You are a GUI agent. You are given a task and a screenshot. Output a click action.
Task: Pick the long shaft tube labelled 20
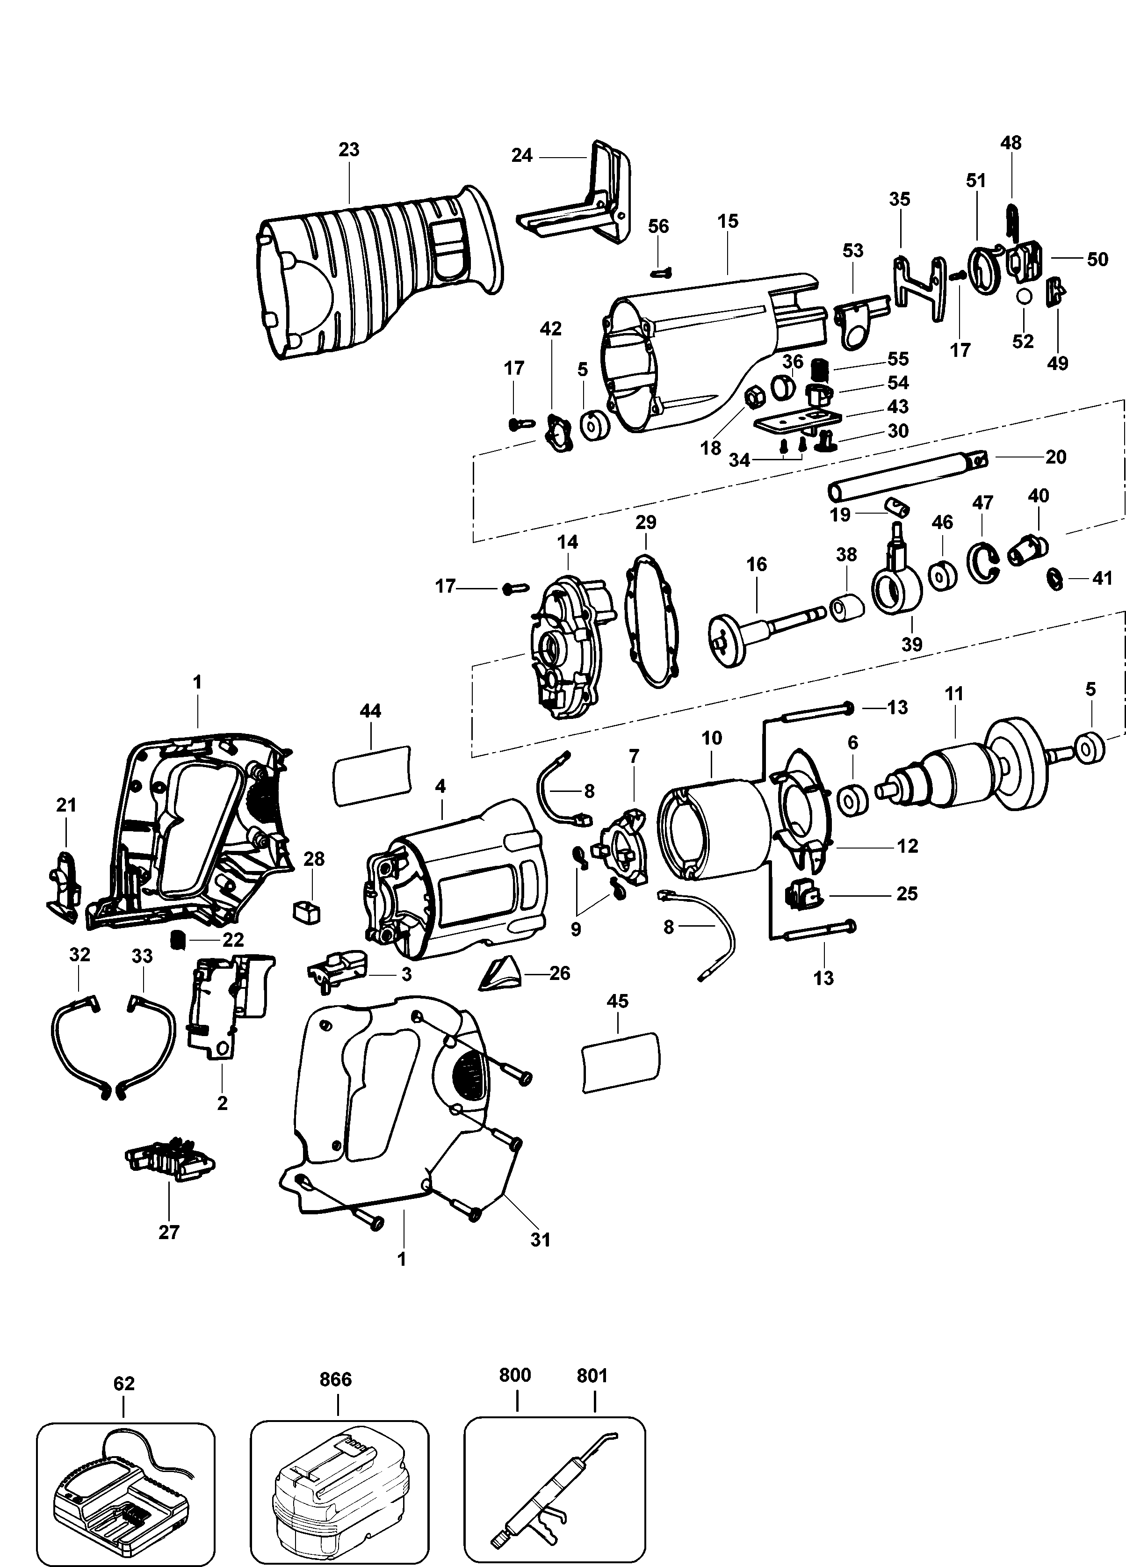pos(905,477)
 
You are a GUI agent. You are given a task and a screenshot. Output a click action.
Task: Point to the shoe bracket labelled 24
pos(580,207)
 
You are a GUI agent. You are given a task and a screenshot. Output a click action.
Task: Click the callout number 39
pos(912,644)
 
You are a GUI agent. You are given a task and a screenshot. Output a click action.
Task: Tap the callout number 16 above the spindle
pos(757,565)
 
